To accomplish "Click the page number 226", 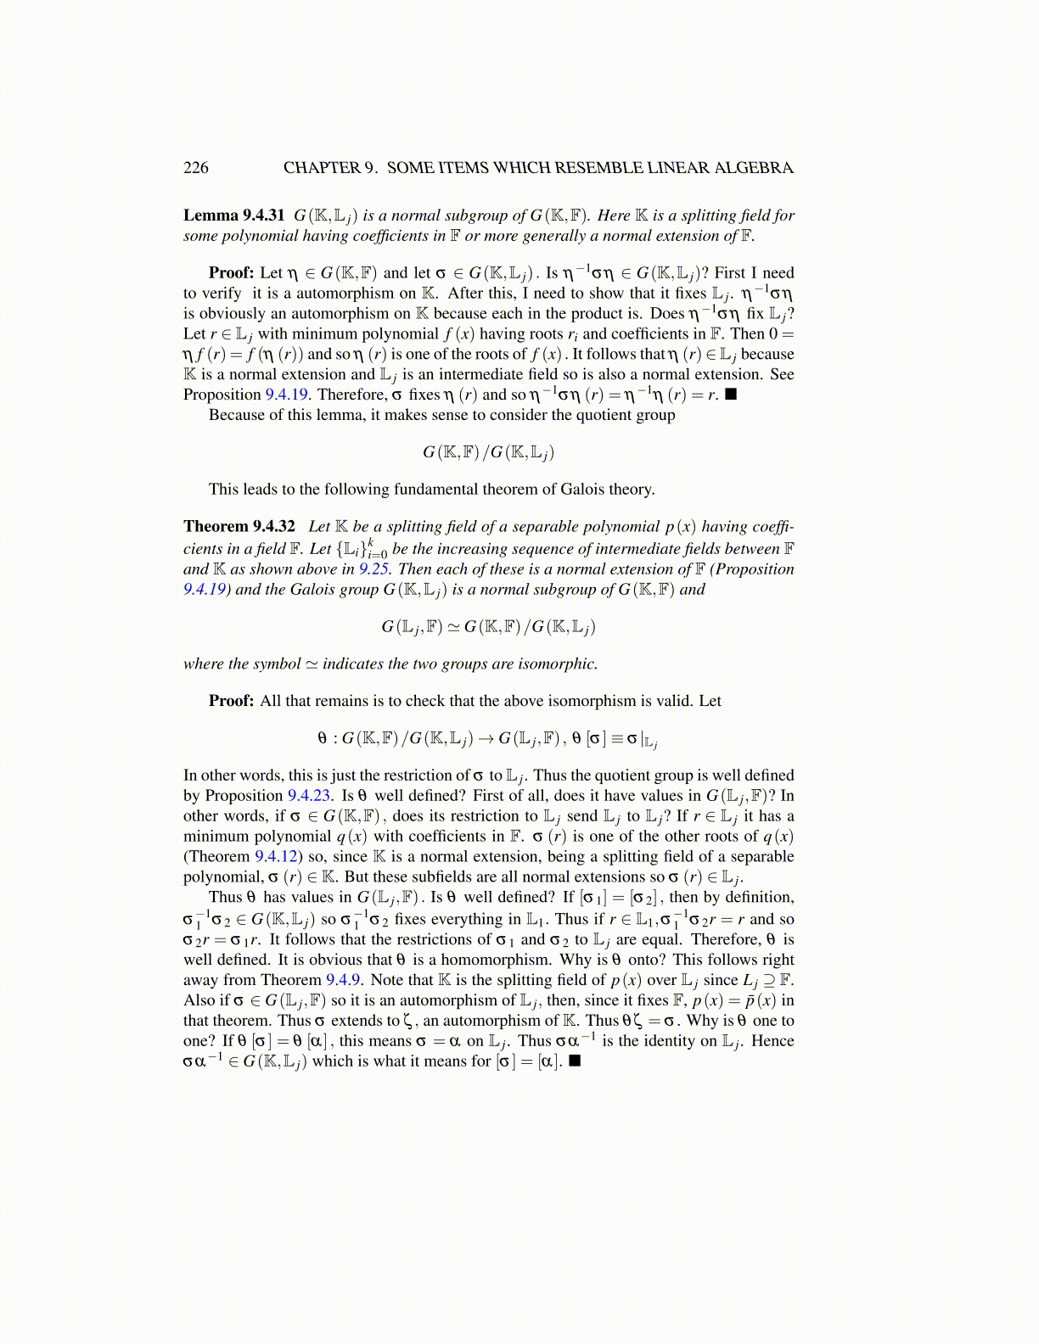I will [195, 167].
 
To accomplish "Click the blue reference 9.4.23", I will [310, 796].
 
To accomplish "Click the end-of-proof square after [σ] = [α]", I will [575, 1061].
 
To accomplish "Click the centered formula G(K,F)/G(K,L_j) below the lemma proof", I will [488, 452].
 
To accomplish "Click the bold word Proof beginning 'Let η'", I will [231, 273].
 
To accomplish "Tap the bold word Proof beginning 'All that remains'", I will [231, 702].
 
